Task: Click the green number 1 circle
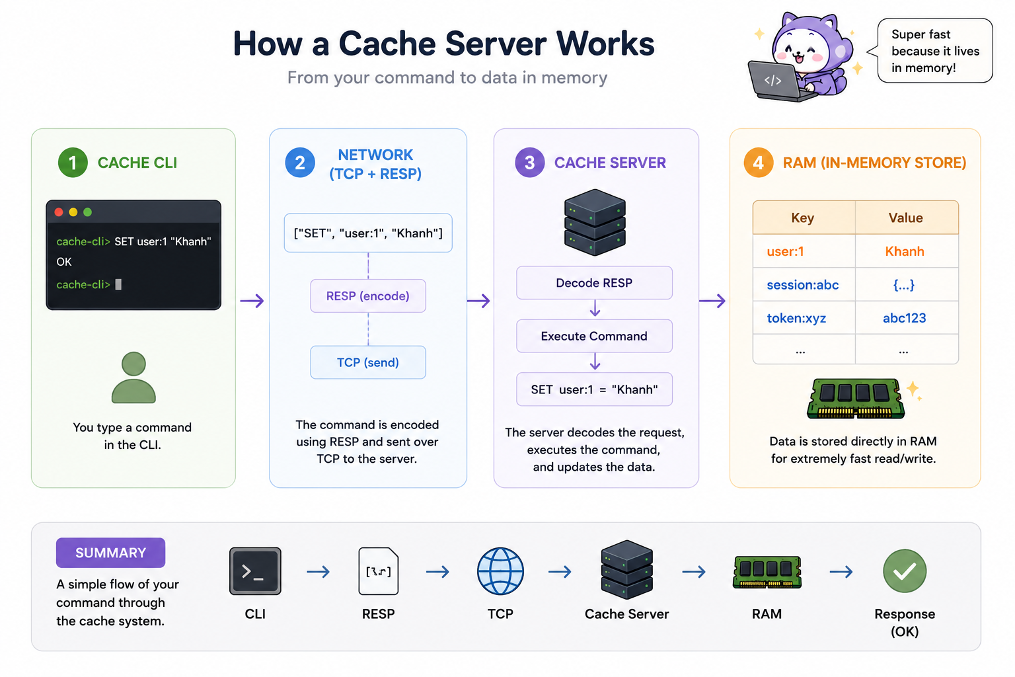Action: pos(73,163)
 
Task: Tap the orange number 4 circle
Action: pos(759,163)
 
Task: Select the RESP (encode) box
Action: pos(368,296)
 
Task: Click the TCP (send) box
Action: pos(368,362)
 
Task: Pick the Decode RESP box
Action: pos(594,282)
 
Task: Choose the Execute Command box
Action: pos(594,336)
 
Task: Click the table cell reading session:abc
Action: pos(804,284)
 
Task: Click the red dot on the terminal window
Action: pos(59,212)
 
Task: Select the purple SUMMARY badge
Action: pos(110,553)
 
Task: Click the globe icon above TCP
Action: pos(500,571)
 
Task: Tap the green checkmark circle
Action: pos(905,571)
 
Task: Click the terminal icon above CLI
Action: pos(255,571)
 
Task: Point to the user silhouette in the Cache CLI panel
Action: pos(133,378)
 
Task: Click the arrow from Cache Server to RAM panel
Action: pos(712,300)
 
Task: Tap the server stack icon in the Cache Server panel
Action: pos(595,222)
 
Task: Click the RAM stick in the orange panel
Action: pos(856,399)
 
